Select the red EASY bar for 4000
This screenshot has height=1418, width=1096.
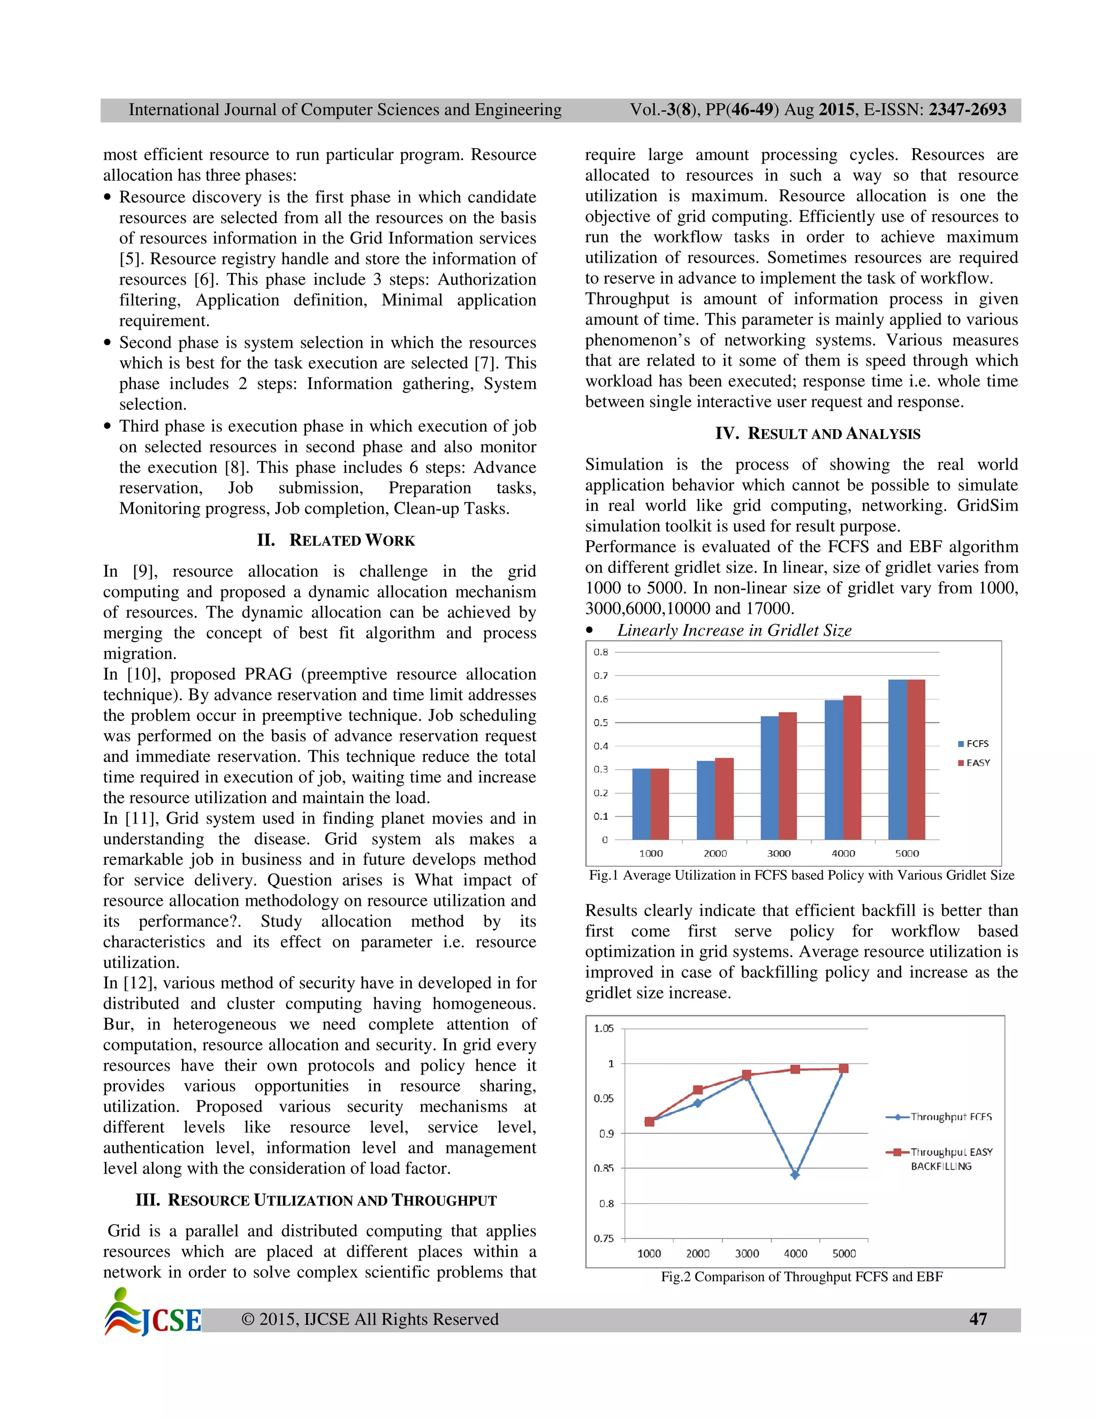coord(852,767)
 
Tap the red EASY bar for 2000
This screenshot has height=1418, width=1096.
coord(724,798)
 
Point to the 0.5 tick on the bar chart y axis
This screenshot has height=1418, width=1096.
coord(600,722)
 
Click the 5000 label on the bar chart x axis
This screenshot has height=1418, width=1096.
coord(907,853)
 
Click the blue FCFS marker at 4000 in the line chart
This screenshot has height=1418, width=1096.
coord(795,1175)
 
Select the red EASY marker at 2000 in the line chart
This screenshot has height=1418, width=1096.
coord(698,1089)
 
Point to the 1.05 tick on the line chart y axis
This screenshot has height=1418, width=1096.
coord(603,1028)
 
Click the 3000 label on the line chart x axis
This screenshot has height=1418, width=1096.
coord(747,1254)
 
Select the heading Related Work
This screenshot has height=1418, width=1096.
coord(336,540)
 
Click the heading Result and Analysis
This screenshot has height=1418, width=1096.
coord(818,434)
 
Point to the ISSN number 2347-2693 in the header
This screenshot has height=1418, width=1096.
coord(967,110)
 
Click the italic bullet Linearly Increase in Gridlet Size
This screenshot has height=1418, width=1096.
coord(734,630)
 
